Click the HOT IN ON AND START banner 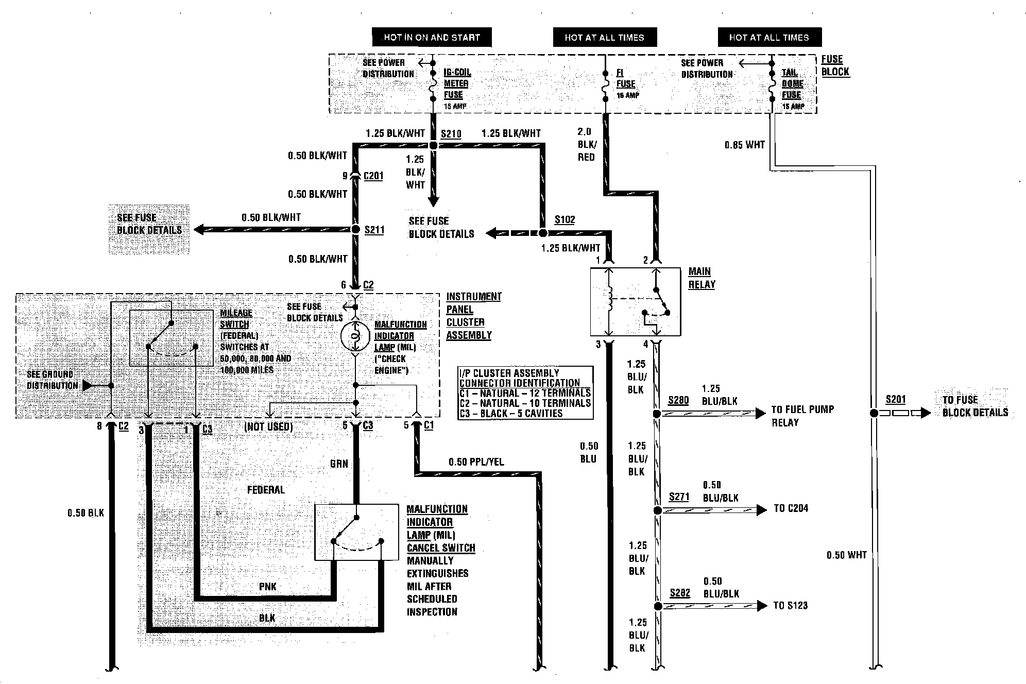click(x=432, y=37)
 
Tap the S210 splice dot click(x=433, y=146)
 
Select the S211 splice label click(x=374, y=230)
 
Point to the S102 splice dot click(x=542, y=233)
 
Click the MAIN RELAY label click(x=701, y=278)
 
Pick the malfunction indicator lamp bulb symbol click(x=355, y=336)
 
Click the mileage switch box click(x=171, y=338)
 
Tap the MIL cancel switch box click(x=356, y=532)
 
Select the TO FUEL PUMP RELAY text click(x=802, y=416)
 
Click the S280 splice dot click(x=657, y=414)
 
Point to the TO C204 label click(x=791, y=508)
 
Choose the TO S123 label click(x=790, y=605)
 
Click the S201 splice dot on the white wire click(x=874, y=413)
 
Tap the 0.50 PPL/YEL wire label click(x=476, y=462)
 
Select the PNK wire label click(x=268, y=587)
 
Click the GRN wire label click(x=339, y=464)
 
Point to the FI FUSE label click(x=626, y=79)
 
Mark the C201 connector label click(x=373, y=176)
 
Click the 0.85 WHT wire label click(x=744, y=145)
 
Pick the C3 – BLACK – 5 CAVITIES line click(x=510, y=413)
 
